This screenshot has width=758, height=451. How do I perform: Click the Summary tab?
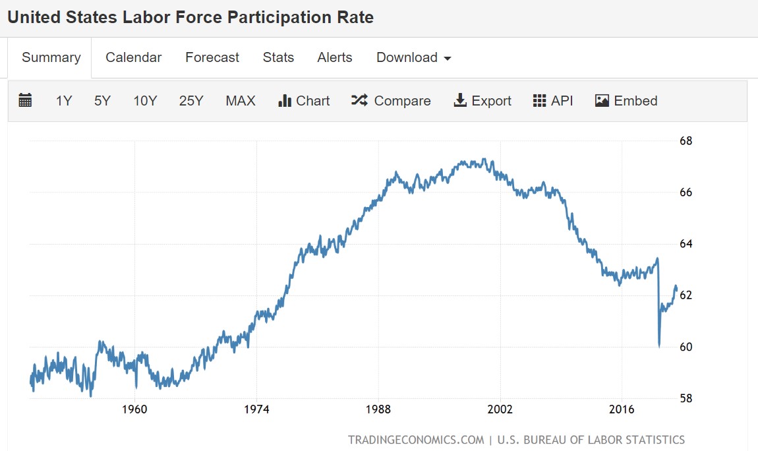click(51, 57)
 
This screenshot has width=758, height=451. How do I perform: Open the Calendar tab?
click(133, 57)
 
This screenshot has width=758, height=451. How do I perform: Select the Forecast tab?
click(212, 57)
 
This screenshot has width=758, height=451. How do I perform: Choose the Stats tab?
click(278, 57)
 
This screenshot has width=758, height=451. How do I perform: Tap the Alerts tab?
click(335, 57)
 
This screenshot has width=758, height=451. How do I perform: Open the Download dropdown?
click(413, 57)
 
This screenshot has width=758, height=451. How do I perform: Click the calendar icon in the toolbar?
click(26, 101)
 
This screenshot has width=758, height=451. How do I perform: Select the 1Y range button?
click(64, 101)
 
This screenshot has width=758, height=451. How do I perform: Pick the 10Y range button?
click(145, 101)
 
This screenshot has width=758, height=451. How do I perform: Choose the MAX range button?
click(240, 101)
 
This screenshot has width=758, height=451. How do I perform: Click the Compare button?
click(391, 101)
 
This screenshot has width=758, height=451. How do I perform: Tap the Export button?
click(482, 101)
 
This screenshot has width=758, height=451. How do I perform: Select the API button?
click(553, 101)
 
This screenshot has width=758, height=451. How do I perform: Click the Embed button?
click(626, 101)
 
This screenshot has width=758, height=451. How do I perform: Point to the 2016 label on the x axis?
click(622, 409)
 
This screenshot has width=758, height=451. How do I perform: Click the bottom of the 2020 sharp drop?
click(659, 346)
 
